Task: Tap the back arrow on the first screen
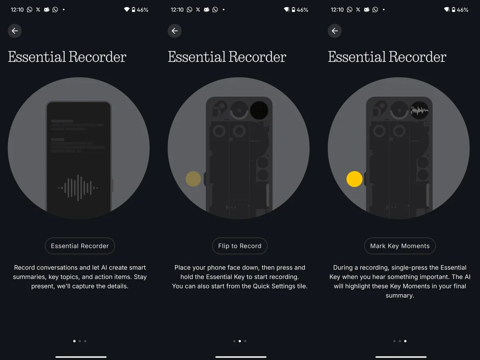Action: click(x=15, y=31)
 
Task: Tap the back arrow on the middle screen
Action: click(x=174, y=31)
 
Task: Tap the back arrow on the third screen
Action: click(x=334, y=31)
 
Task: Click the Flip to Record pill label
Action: click(x=240, y=246)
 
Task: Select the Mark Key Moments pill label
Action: click(x=400, y=246)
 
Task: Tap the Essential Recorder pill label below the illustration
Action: click(x=80, y=246)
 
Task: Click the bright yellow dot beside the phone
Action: click(x=354, y=179)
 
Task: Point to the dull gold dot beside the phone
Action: click(x=193, y=179)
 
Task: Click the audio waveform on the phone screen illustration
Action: click(x=78, y=188)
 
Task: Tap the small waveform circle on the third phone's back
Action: click(x=420, y=110)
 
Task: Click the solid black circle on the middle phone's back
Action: click(x=259, y=110)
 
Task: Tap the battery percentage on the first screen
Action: click(x=142, y=10)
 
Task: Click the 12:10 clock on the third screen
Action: click(x=337, y=10)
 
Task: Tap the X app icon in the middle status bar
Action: click(x=198, y=10)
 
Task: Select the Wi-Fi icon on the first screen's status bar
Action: click(x=127, y=9)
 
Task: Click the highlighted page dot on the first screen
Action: click(x=74, y=341)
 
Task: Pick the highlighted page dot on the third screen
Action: click(x=405, y=341)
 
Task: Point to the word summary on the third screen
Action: click(x=400, y=296)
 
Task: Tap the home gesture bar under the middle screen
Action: click(x=241, y=357)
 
